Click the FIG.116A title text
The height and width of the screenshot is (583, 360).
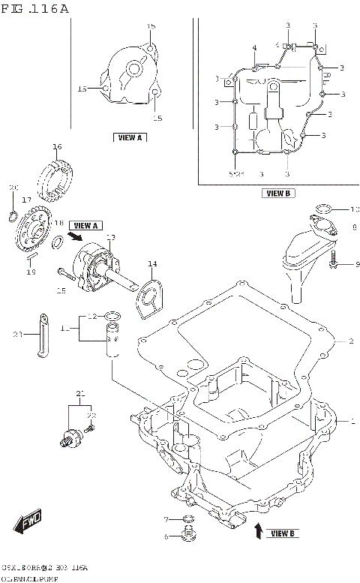[35, 9]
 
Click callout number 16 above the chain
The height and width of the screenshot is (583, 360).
[57, 146]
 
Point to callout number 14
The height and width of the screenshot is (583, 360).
[152, 263]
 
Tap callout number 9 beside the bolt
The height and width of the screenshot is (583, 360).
[357, 263]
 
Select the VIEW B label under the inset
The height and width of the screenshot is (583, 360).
[277, 193]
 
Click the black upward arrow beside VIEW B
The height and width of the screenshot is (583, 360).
[258, 532]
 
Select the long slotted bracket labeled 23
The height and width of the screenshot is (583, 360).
[43, 334]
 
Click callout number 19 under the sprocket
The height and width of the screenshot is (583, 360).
[31, 272]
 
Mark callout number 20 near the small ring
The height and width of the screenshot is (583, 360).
[13, 187]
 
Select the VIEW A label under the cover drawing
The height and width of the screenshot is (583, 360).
[130, 137]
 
